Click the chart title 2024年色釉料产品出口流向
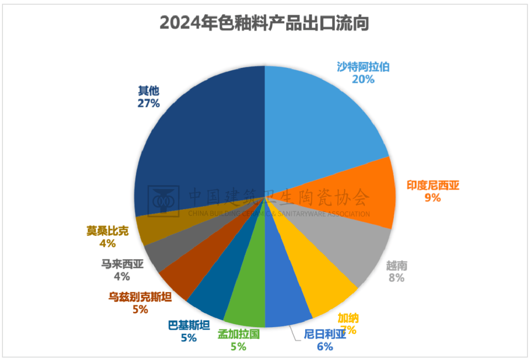[x=265, y=23]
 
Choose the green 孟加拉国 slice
[x=248, y=305]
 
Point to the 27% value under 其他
[x=149, y=103]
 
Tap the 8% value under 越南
[x=396, y=278]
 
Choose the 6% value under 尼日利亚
[x=325, y=347]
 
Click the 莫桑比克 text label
[x=107, y=231]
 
